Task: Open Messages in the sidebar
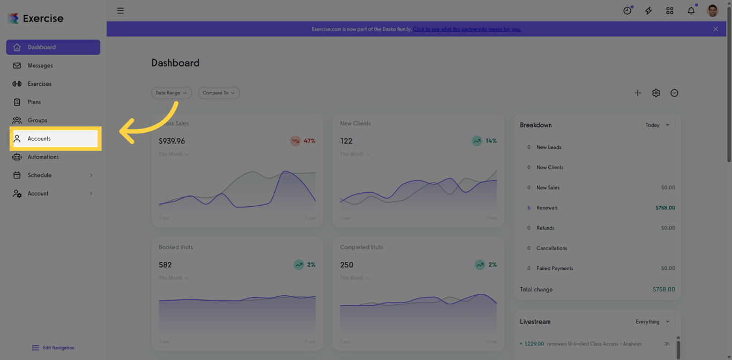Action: tap(40, 65)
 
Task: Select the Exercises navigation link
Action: tap(39, 84)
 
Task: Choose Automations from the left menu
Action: tap(43, 157)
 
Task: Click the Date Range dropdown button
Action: tap(171, 93)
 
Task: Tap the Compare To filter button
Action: tap(219, 93)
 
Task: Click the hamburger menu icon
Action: tap(121, 11)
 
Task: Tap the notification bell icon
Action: tap(691, 11)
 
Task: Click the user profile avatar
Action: tap(712, 11)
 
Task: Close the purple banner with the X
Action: tap(715, 29)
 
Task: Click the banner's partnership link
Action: tap(467, 29)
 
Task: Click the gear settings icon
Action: tap(656, 93)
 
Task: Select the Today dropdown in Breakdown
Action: tap(657, 125)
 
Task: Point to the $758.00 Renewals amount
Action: tap(665, 208)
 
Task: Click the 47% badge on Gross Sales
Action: tap(303, 141)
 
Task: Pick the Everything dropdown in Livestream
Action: tap(652, 321)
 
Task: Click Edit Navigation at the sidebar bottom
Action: tap(54, 348)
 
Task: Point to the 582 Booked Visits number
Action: tap(166, 265)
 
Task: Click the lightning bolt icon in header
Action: tap(648, 11)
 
